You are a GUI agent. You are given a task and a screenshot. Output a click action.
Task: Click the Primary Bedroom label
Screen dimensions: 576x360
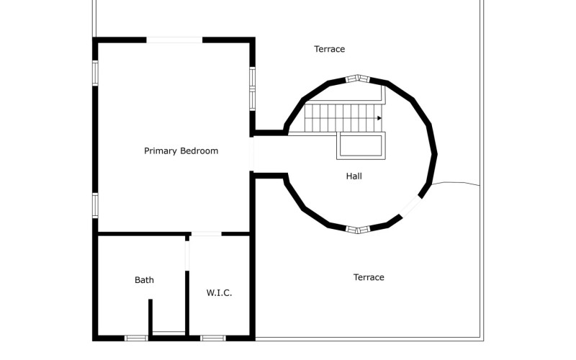[x=181, y=151]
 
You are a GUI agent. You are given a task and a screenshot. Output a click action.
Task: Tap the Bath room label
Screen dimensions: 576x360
[x=145, y=280]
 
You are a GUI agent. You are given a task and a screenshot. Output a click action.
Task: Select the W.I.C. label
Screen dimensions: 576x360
[x=220, y=293]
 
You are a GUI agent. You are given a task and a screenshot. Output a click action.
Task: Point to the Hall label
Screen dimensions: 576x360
[x=354, y=176]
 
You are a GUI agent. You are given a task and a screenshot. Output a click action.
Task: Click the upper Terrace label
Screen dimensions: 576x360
[x=330, y=49]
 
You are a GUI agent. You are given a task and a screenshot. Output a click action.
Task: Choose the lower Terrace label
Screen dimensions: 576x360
[x=369, y=277]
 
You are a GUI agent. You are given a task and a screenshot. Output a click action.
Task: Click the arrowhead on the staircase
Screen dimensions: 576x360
[x=379, y=118]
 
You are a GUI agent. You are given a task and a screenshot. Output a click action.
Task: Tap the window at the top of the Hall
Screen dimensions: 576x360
[x=357, y=78]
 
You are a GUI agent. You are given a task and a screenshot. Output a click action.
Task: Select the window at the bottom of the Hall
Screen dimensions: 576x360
[x=357, y=230]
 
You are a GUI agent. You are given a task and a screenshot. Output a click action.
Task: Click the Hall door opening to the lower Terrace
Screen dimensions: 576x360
[x=410, y=207]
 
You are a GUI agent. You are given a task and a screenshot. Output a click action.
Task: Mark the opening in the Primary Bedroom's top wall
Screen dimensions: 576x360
[x=174, y=40]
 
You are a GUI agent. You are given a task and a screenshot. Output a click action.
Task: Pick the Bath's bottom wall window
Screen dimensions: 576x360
[x=136, y=338]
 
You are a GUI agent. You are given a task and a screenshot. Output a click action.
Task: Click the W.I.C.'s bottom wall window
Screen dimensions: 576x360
[x=213, y=338]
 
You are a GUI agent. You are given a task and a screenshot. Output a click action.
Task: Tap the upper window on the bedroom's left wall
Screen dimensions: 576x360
[x=95, y=73]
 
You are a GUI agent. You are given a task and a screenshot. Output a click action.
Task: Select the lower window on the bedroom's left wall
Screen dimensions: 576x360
[x=95, y=205]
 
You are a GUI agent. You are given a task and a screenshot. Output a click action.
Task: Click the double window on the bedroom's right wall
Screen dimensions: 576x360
[x=253, y=89]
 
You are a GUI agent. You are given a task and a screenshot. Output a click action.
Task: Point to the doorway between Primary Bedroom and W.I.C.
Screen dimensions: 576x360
[x=206, y=233]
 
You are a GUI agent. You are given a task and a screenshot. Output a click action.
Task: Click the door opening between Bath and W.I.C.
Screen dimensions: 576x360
[x=187, y=256]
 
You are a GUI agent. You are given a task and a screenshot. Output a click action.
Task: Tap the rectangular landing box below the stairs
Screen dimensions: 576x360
[x=361, y=146]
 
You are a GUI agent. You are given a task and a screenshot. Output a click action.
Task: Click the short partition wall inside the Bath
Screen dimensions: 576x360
[x=150, y=317]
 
